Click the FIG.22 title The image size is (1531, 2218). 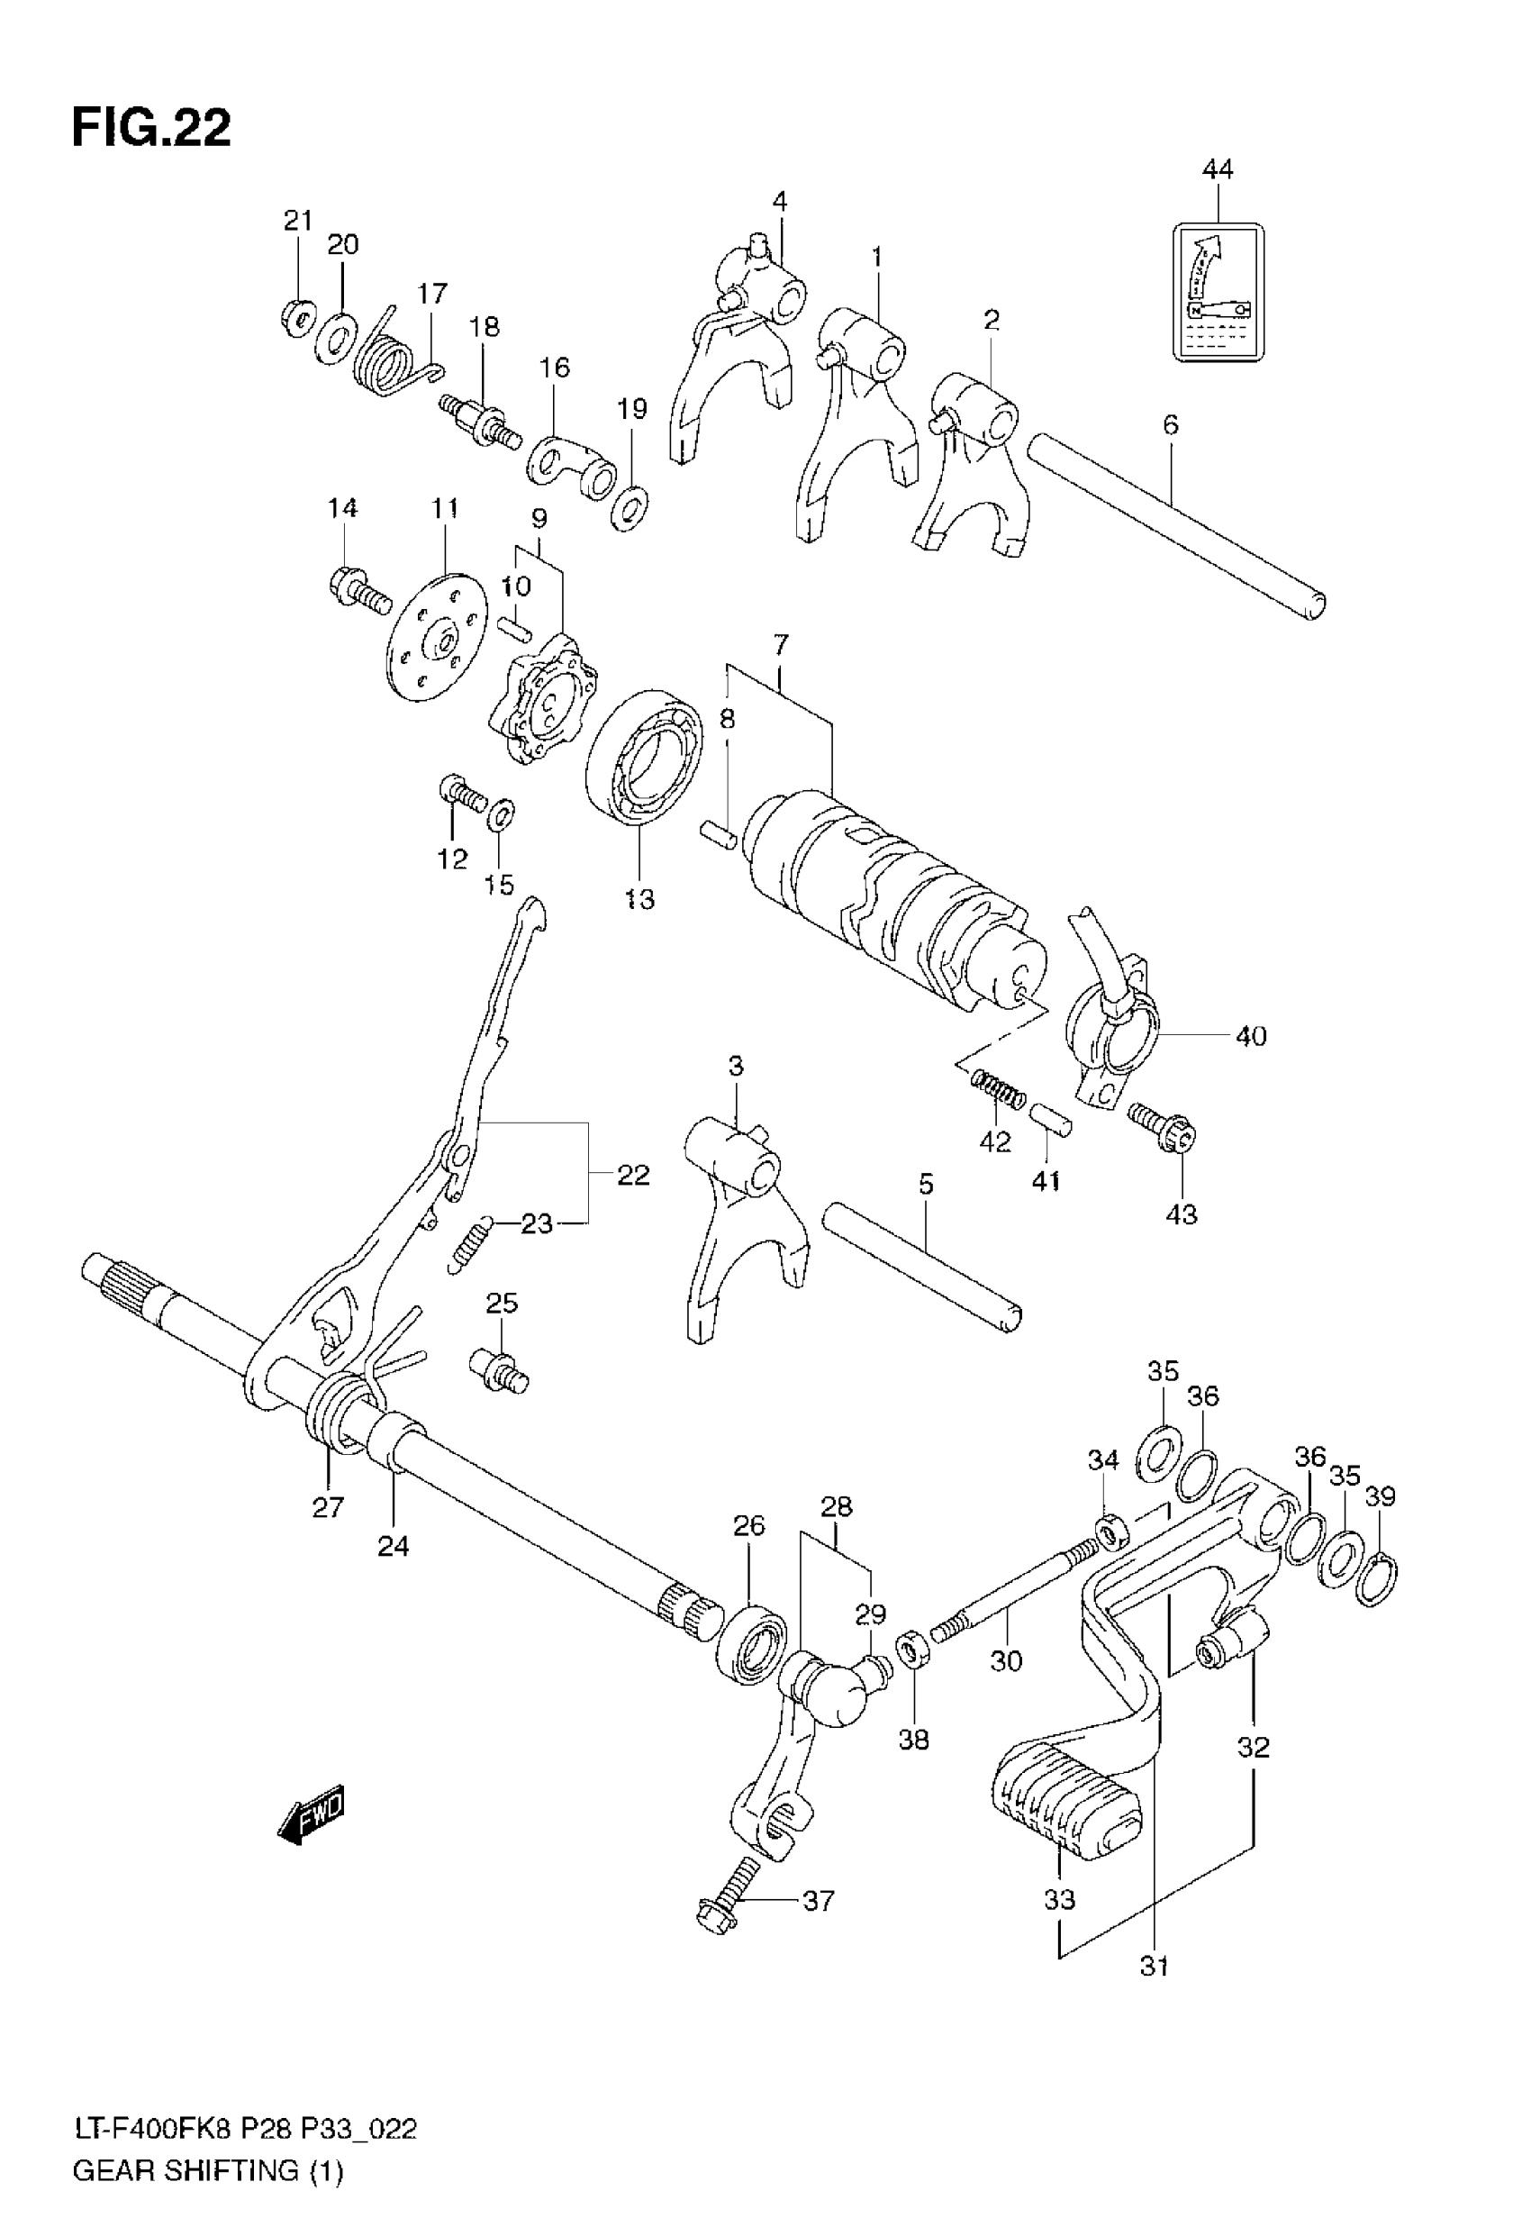coord(151,128)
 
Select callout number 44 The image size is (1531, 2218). coord(1218,169)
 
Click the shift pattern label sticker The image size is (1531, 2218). coord(1218,292)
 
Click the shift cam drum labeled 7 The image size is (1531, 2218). coord(892,902)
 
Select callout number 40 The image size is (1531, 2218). coord(1251,1036)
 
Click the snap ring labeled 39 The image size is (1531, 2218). coord(1377,1578)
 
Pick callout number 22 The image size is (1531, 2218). coord(633,1174)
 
